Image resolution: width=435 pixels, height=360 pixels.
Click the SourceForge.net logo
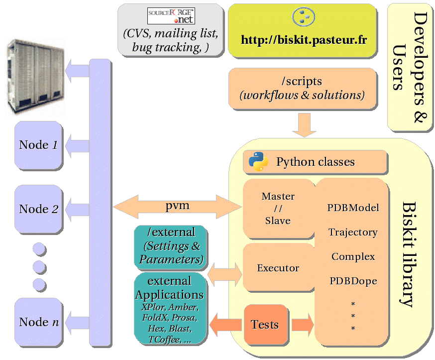pyautogui.click(x=171, y=16)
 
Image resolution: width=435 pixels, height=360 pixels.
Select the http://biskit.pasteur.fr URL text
pyautogui.click(x=304, y=40)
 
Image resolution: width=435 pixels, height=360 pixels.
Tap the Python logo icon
pyautogui.click(x=259, y=162)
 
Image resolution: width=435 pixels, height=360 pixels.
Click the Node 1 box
pyautogui.click(x=39, y=145)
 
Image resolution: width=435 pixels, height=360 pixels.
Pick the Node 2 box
pyautogui.click(x=39, y=209)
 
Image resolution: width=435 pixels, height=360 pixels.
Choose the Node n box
pyautogui.click(x=39, y=322)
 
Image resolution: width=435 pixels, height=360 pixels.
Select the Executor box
pyautogui.click(x=278, y=268)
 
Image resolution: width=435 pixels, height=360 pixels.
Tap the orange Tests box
pyautogui.click(x=265, y=325)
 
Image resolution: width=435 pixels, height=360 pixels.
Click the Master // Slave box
pyautogui.click(x=278, y=208)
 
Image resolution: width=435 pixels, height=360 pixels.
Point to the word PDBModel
pyautogui.click(x=353, y=208)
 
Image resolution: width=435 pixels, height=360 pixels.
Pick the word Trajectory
pyautogui.click(x=353, y=232)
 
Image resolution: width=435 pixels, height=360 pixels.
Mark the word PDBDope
pyautogui.click(x=353, y=281)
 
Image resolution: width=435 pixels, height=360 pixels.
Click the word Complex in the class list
pyautogui.click(x=353, y=257)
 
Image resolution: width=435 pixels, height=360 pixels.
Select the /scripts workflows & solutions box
pyautogui.click(x=302, y=88)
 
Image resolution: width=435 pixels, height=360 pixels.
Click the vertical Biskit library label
pyautogui.click(x=409, y=254)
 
